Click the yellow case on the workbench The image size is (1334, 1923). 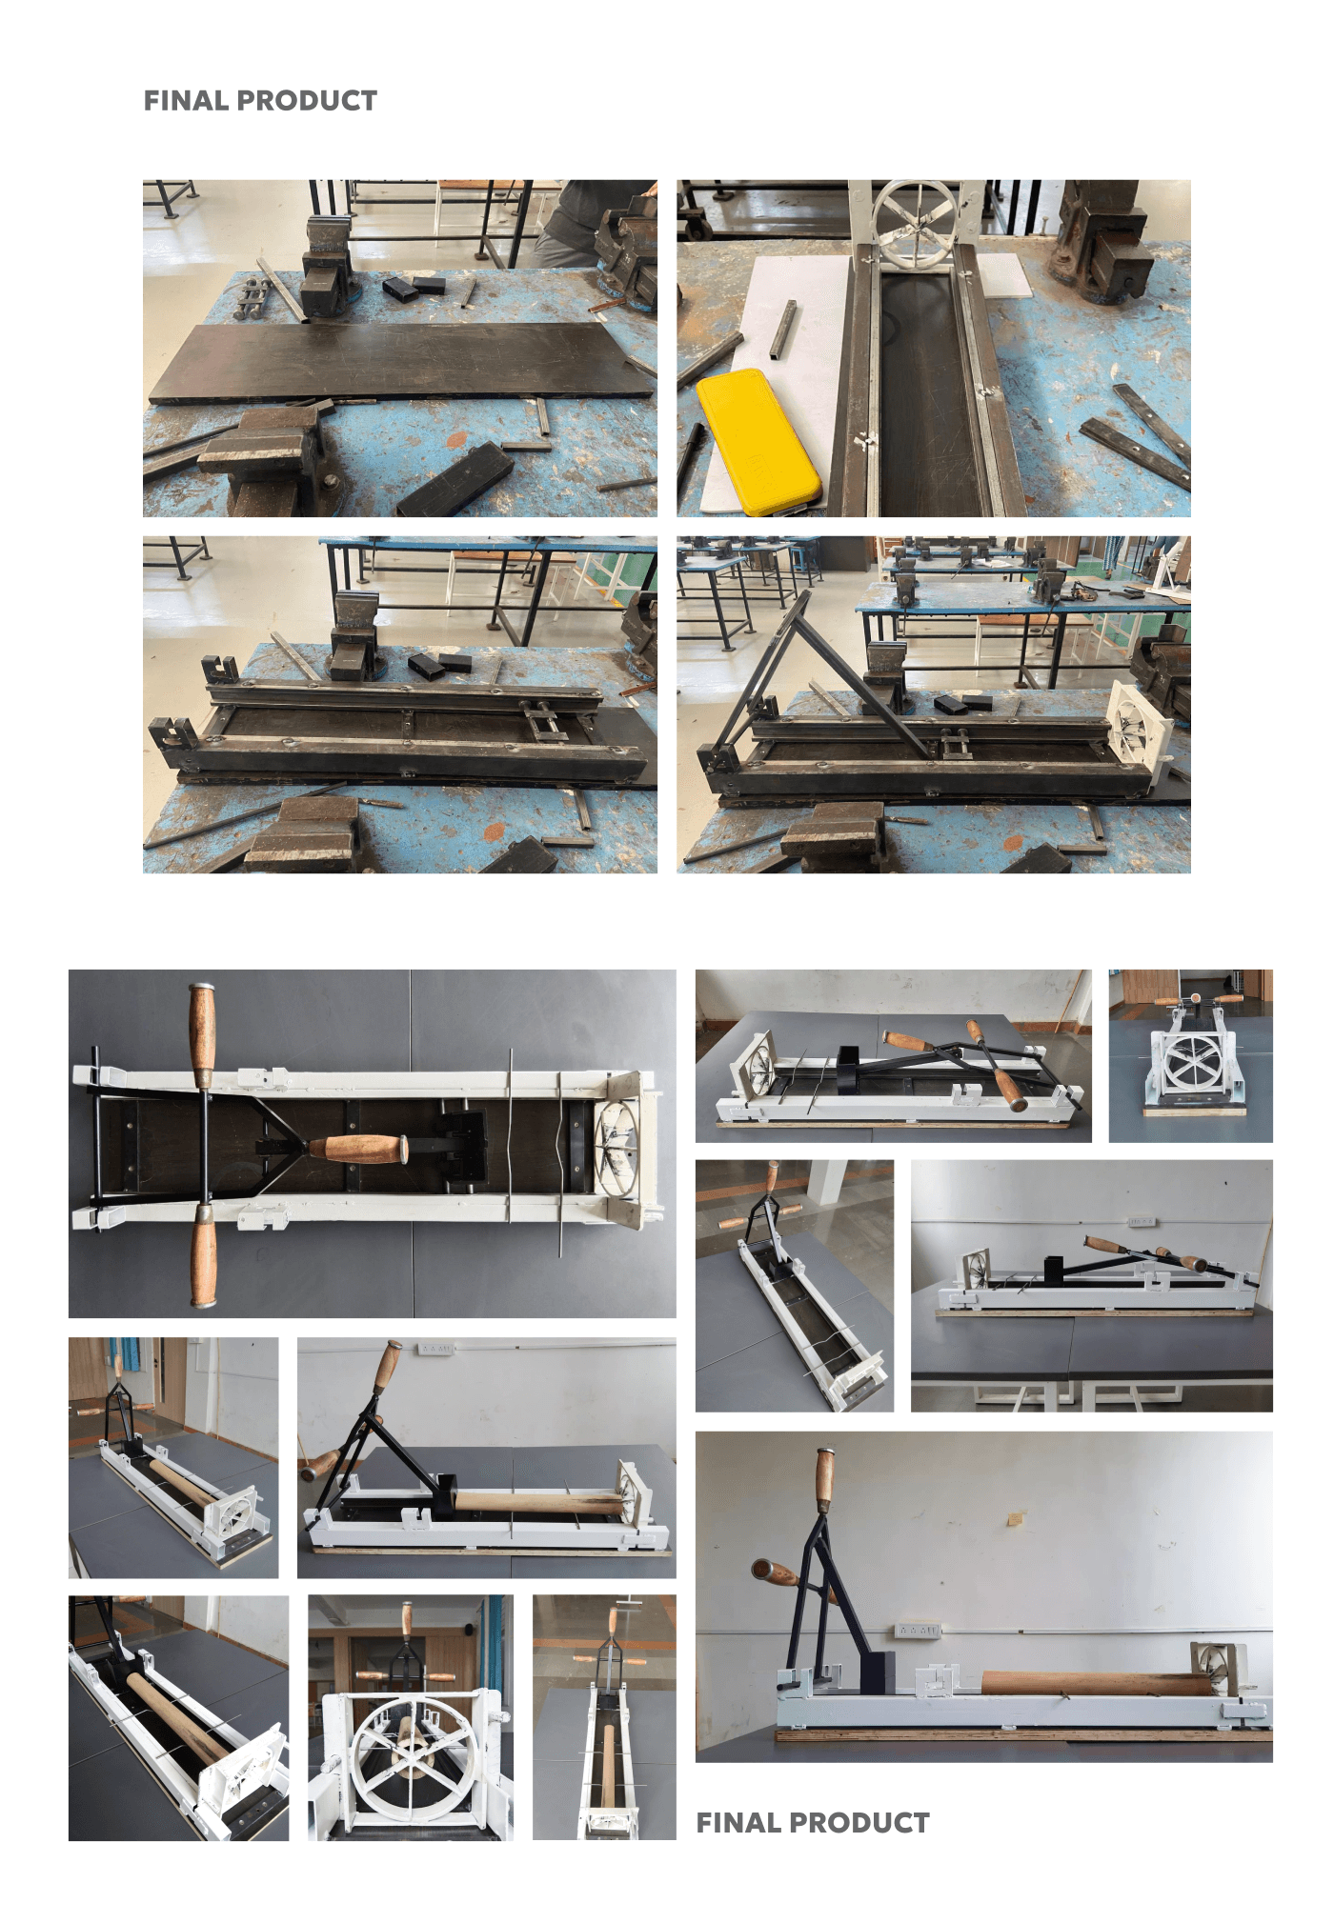[758, 442]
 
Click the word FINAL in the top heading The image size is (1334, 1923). [186, 101]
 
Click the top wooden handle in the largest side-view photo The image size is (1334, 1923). [823, 1481]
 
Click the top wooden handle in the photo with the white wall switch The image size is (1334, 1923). [386, 1368]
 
